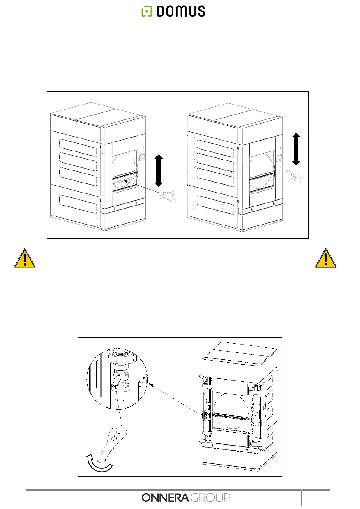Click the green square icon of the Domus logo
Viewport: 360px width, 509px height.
pyautogui.click(x=146, y=11)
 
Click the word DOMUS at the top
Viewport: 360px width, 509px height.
pyautogui.click(x=181, y=11)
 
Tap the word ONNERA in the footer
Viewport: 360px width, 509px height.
pyautogui.click(x=166, y=498)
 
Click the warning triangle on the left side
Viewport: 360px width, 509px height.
pyautogui.click(x=24, y=259)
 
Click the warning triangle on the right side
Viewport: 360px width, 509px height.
pyautogui.click(x=326, y=259)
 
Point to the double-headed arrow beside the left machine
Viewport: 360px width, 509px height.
pyautogui.click(x=159, y=170)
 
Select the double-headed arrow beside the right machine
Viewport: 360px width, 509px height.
pyautogui.click(x=296, y=149)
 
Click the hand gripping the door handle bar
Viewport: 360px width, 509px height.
pyautogui.click(x=168, y=196)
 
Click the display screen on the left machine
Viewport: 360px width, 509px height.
pyautogui.click(x=141, y=157)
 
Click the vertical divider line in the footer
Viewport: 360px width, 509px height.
pyautogui.click(x=301, y=498)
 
